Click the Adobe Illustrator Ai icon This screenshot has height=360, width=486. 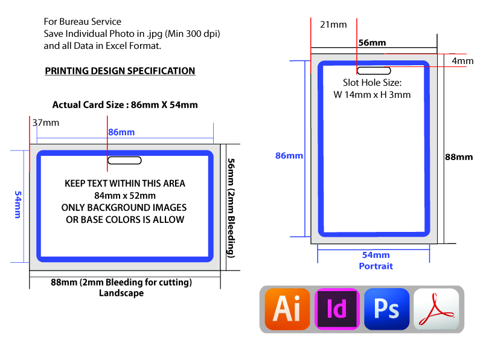[287, 309]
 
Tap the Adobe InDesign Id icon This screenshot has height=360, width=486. [337, 309]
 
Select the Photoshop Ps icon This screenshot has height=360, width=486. [387, 309]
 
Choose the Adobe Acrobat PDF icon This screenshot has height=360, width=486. [436, 309]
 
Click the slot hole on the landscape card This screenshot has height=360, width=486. [124, 160]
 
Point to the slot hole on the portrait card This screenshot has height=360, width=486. [374, 71]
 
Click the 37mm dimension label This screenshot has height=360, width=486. [46, 123]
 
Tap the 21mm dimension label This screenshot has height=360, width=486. [333, 25]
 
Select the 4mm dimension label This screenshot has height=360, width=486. [462, 61]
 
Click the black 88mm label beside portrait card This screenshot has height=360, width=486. [459, 157]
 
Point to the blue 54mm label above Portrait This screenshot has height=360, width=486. [376, 255]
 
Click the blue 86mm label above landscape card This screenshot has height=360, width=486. [121, 132]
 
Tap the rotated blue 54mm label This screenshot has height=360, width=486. [18, 205]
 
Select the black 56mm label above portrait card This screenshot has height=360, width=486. [372, 43]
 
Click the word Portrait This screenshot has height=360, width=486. [376, 266]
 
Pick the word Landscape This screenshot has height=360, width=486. [121, 293]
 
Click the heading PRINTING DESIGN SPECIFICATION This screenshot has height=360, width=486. [120, 71]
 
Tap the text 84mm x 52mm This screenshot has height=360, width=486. [125, 196]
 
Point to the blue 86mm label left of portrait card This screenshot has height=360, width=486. [289, 156]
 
